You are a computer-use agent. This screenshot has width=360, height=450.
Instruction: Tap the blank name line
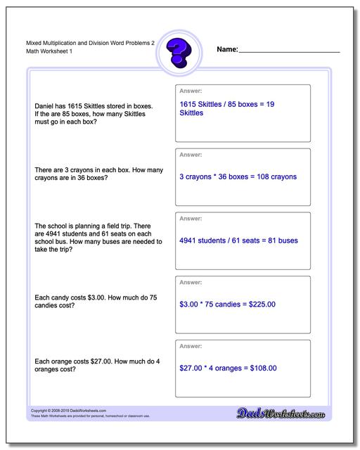[x=290, y=51]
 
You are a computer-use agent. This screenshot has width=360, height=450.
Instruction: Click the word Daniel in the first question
[x=46, y=106]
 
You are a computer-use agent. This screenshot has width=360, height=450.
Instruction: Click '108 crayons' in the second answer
[x=274, y=176]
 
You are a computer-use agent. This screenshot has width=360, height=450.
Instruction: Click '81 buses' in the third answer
[x=288, y=240]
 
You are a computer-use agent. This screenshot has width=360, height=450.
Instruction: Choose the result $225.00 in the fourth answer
[x=259, y=304]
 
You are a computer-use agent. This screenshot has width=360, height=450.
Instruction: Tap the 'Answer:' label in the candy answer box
[x=191, y=282]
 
